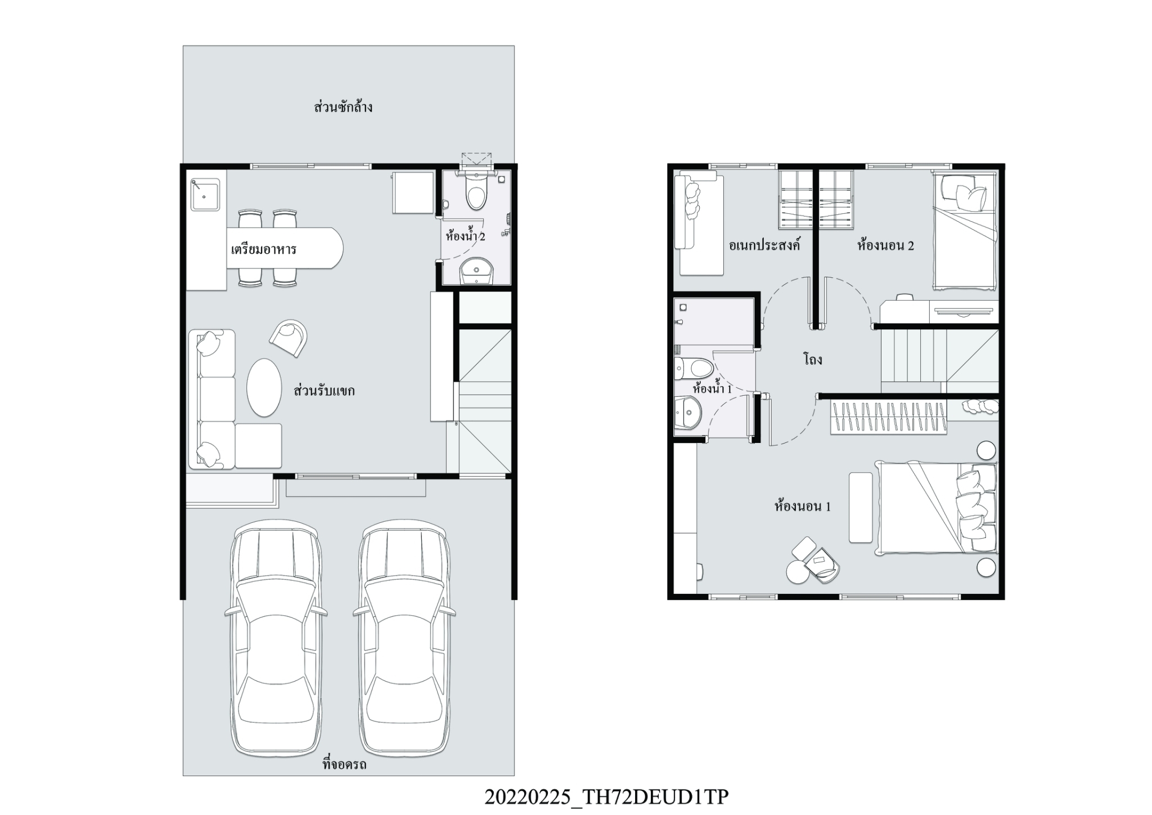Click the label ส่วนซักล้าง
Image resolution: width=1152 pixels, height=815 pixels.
tap(343, 107)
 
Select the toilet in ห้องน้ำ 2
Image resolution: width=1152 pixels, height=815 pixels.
tap(476, 191)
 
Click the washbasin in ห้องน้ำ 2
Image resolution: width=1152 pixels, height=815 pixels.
tap(476, 272)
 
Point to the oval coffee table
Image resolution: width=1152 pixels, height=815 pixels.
tap(264, 388)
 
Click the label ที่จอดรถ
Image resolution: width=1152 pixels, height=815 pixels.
tap(344, 764)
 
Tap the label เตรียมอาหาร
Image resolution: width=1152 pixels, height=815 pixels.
tap(264, 249)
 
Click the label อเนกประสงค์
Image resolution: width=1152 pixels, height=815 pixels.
tap(764, 245)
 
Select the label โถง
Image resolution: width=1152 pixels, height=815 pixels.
tap(813, 359)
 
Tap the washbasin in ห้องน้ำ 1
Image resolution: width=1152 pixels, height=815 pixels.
tap(687, 414)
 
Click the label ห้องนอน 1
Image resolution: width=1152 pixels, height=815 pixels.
tap(803, 506)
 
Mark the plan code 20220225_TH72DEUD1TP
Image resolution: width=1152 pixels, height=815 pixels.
tap(606, 796)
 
